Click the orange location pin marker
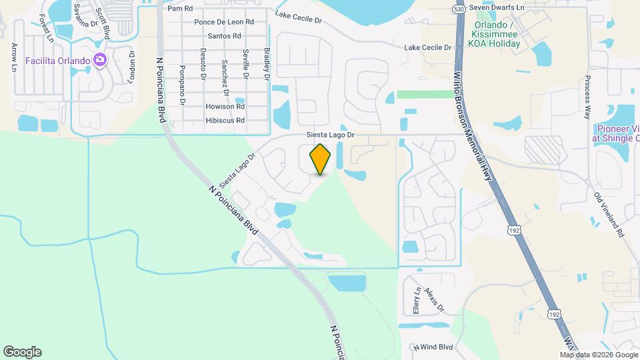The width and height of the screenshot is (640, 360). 321,159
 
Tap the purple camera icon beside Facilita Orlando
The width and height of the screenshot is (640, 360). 99,61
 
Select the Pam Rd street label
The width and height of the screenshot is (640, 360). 180,9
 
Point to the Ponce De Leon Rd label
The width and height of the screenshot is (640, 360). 224,22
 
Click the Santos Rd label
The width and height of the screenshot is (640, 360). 224,36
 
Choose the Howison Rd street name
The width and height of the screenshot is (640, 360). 225,107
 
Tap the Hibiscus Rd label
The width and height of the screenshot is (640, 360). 225,121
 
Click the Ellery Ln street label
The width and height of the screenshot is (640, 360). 416,301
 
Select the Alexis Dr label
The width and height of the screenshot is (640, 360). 436,301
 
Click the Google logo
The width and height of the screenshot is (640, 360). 22,351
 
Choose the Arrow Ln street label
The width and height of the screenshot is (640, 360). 14,57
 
